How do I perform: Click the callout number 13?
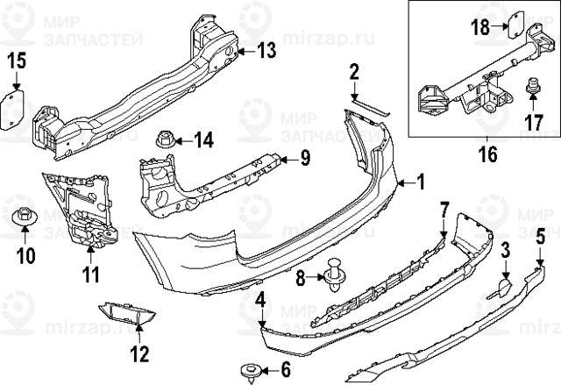pos(266,51)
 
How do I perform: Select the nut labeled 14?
pos(165,139)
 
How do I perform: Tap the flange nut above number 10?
pos(25,212)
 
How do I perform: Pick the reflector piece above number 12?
pos(124,310)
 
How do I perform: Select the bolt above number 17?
pos(532,89)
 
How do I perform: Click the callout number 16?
pos(486,154)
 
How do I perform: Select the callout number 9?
pos(305,158)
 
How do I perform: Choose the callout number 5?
pos(540,234)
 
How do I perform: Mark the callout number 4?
pos(260,303)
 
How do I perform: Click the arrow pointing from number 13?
pos(243,52)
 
